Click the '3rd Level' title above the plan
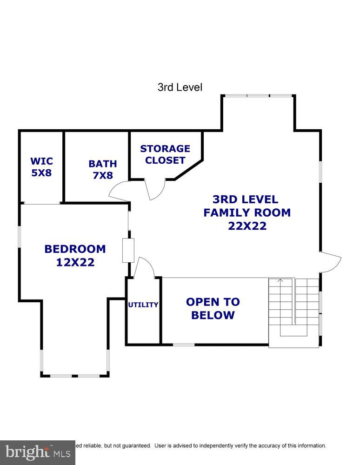point(180,87)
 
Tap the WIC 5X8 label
point(41,167)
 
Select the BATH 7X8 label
point(102,170)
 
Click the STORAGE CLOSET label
point(165,154)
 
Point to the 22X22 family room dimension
point(247,226)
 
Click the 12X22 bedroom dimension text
point(75,262)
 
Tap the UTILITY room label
point(143,305)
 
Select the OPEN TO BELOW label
point(213,308)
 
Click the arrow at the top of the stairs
point(280,280)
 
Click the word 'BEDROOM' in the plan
point(75,249)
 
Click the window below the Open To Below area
point(184,345)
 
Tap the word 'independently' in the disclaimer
point(223,445)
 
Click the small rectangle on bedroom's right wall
point(128,250)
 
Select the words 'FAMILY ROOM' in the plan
point(247,213)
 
